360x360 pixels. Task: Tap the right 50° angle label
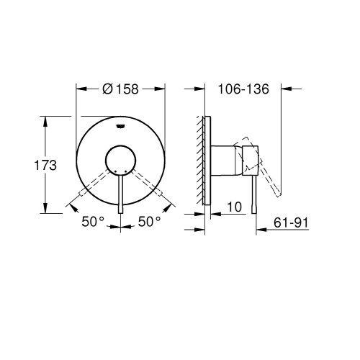click(150, 222)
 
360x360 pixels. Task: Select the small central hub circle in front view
click(120, 161)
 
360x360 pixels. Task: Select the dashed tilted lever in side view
click(269, 173)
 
